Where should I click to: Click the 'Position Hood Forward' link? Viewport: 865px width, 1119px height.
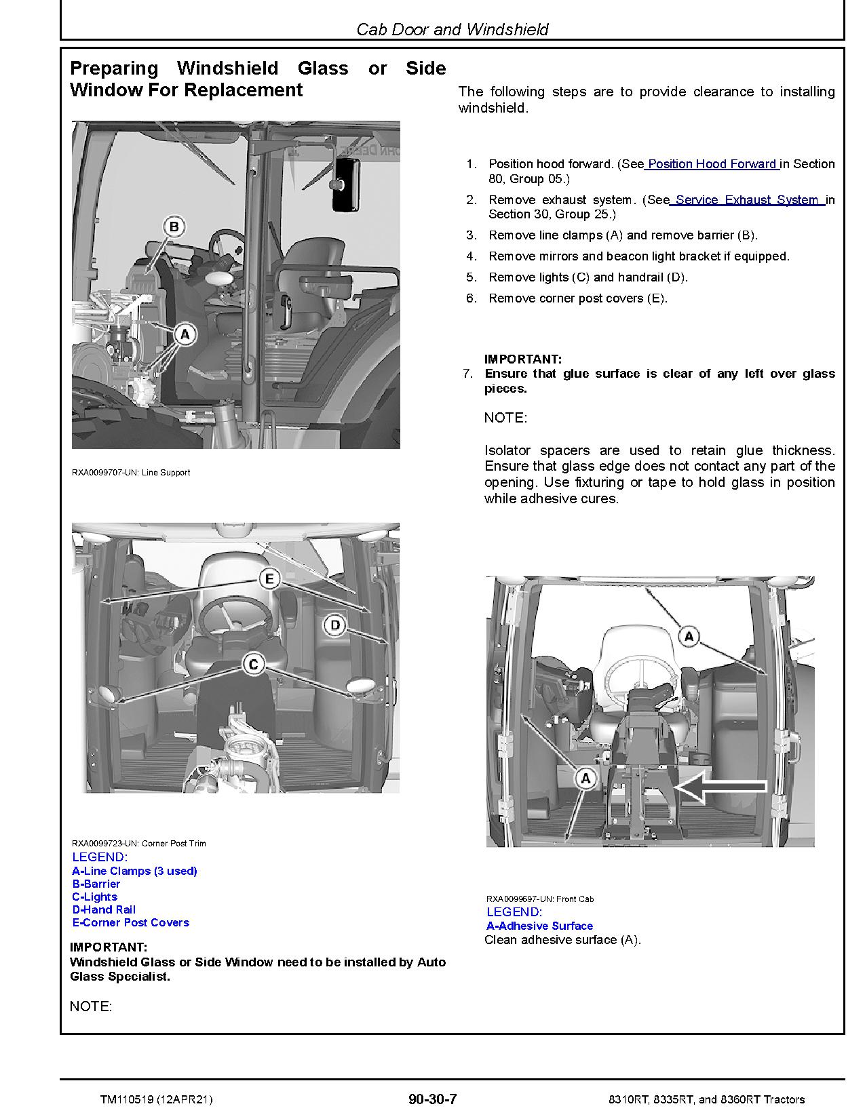[712, 164]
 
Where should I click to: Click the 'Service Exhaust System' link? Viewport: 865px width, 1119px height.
[747, 200]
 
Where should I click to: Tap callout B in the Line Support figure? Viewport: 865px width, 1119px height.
[174, 227]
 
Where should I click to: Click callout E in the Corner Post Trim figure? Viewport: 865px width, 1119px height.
[269, 579]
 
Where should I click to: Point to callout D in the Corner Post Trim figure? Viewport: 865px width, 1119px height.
[335, 625]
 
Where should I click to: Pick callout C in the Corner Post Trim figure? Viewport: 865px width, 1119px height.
[253, 664]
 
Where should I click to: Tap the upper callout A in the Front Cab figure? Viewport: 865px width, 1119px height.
[689, 636]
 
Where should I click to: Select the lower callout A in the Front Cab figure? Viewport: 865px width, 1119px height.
[585, 778]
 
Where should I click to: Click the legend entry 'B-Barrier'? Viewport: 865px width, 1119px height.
[96, 884]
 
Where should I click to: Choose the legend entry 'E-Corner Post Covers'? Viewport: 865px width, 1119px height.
[131, 922]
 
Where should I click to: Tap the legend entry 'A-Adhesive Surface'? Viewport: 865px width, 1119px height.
[539, 926]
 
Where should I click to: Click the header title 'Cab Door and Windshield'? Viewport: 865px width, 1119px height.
[453, 29]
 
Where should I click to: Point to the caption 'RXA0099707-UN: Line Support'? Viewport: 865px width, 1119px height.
[131, 473]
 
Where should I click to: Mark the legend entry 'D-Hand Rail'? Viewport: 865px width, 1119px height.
[104, 909]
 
